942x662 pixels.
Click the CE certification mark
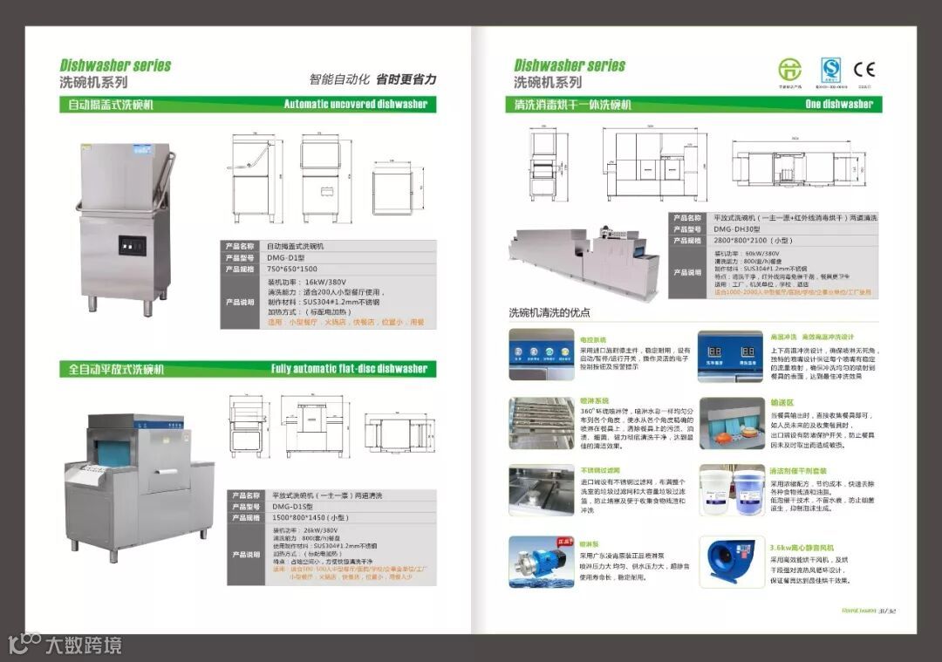(x=863, y=70)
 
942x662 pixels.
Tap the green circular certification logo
(x=789, y=70)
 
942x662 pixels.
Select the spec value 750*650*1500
(x=292, y=270)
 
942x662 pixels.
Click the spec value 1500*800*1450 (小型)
(x=310, y=517)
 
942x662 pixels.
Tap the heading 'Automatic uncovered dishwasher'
(x=356, y=105)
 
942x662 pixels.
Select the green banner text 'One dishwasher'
(x=839, y=105)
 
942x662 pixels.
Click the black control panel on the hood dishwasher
(x=133, y=247)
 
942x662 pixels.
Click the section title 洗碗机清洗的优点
(x=549, y=312)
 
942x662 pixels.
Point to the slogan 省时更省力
(x=406, y=79)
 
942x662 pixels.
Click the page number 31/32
(x=887, y=611)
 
